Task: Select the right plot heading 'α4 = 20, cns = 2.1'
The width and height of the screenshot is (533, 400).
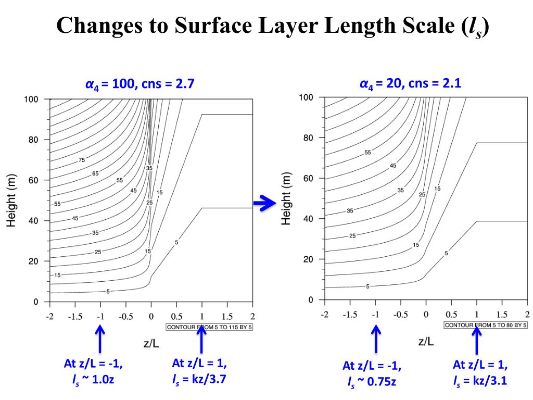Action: pos(411,83)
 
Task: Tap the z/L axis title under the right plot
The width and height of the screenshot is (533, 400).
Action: pos(426,341)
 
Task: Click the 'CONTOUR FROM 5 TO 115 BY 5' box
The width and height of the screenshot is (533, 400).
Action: pos(209,328)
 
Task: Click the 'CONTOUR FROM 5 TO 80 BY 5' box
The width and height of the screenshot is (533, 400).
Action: pos(485,325)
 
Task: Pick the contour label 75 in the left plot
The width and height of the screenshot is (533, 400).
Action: pos(82,160)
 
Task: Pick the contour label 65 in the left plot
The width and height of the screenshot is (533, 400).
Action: pos(95,173)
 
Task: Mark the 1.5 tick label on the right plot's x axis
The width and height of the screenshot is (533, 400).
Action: pos(502,314)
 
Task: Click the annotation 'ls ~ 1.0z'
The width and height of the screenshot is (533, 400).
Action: pos(93,379)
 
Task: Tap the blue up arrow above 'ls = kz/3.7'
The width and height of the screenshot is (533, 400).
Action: pos(202,338)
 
